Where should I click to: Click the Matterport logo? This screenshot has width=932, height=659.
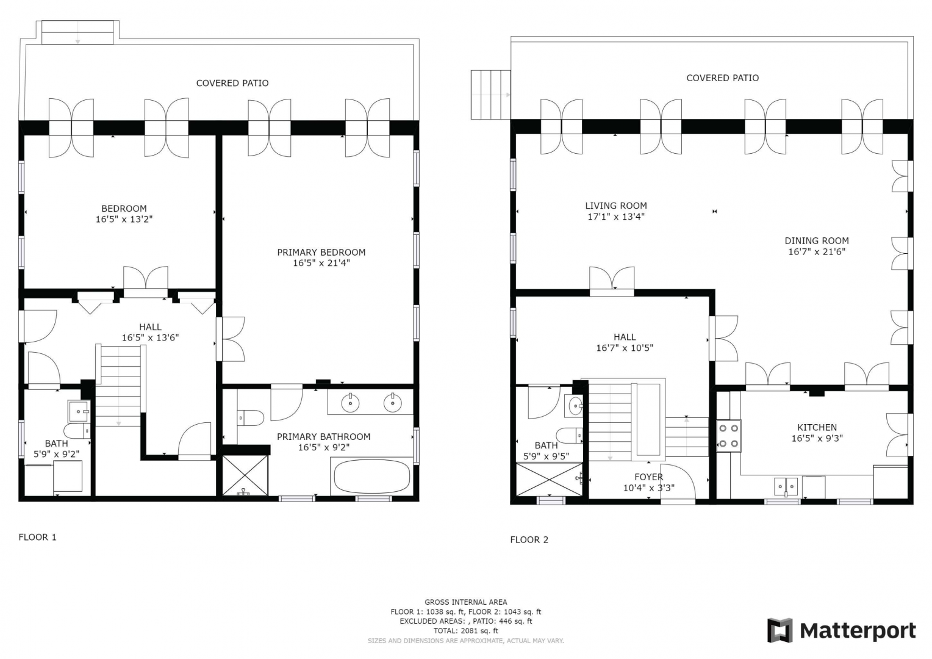[x=842, y=630]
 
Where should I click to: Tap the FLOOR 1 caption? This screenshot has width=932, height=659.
[x=37, y=537]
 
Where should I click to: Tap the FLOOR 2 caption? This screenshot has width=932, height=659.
[x=529, y=539]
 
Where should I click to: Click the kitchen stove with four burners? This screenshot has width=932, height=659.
[x=728, y=436]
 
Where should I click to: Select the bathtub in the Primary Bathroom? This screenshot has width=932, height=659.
[x=372, y=477]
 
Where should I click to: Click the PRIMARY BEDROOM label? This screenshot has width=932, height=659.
[x=321, y=252]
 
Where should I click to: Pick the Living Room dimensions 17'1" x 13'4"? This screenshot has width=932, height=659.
[x=616, y=217]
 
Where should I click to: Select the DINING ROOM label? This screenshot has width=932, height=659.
[x=817, y=240]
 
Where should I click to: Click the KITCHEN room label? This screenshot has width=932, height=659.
[x=817, y=427]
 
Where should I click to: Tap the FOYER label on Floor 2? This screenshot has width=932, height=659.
[x=648, y=477]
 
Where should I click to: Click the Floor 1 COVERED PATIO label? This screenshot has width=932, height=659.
[x=232, y=83]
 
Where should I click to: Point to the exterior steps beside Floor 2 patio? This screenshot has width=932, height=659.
[x=490, y=95]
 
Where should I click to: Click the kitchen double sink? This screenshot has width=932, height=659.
[x=786, y=486]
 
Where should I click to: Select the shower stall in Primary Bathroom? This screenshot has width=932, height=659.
[x=245, y=475]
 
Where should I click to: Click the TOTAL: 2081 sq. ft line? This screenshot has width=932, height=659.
[x=465, y=631]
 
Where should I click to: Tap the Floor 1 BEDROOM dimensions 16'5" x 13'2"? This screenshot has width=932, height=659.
[x=124, y=220]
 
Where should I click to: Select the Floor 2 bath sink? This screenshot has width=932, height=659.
[x=574, y=405]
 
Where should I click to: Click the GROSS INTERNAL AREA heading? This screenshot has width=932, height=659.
[x=465, y=602]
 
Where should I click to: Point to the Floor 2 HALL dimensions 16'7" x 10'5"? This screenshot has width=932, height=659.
[x=625, y=348]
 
